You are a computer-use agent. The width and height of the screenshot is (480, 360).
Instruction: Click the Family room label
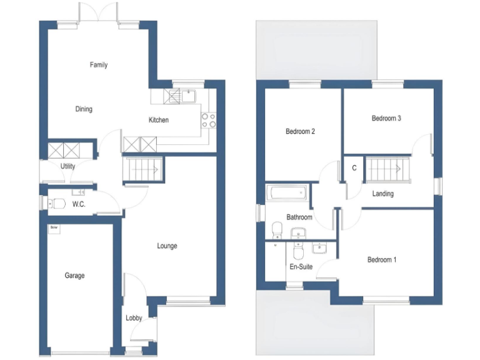[98, 65]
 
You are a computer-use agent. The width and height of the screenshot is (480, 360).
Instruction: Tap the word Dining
[84, 109]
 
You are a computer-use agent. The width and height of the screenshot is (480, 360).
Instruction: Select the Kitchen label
[158, 120]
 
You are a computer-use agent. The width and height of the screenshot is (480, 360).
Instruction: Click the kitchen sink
[187, 96]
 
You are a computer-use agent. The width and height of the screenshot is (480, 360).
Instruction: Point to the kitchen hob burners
[208, 120]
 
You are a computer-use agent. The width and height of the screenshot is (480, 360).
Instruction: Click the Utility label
[67, 166]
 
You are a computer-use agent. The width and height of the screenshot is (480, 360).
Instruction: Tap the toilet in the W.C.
[57, 204]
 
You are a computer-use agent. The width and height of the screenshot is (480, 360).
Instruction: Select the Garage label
[74, 276]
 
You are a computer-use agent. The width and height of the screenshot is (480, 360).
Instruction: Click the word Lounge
[167, 246]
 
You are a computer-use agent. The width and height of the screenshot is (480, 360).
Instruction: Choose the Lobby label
[134, 318]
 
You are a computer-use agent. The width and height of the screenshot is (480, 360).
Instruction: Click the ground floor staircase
[144, 168]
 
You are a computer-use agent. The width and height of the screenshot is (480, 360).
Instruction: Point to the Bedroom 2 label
[300, 132]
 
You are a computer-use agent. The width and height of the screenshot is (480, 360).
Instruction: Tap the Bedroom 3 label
[386, 118]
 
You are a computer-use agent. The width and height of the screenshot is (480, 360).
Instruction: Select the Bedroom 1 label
[381, 260]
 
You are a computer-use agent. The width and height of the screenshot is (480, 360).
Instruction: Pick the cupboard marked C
[354, 168]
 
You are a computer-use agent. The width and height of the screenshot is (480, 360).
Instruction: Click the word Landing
[382, 194]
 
